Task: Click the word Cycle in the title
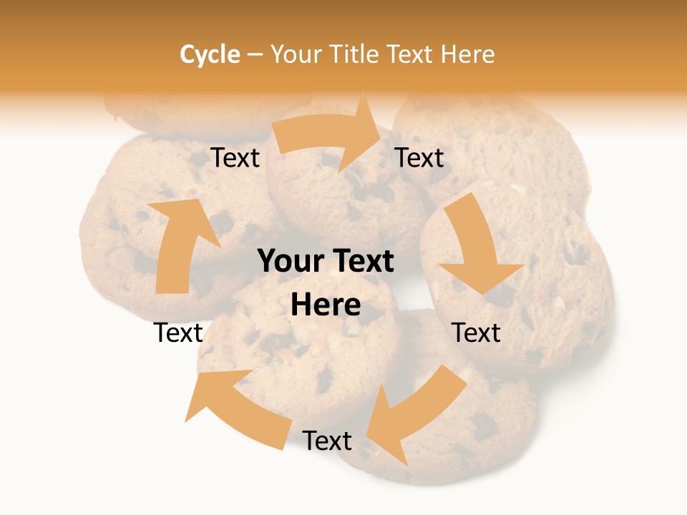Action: coord(210,54)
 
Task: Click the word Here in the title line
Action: coord(467,54)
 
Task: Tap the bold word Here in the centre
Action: coord(326,305)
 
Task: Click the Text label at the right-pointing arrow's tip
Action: coord(419,157)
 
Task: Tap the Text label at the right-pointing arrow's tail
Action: coord(235,157)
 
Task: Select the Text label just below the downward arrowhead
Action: coord(477,333)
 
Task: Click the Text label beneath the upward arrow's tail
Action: coord(179,333)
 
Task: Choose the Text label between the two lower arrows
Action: coord(327,441)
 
